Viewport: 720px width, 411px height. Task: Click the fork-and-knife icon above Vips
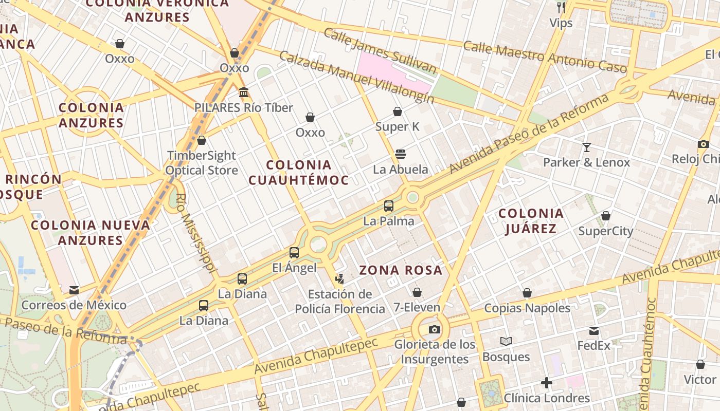(x=561, y=8)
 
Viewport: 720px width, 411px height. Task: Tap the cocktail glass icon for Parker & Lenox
(x=587, y=147)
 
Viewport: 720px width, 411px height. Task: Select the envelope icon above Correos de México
(x=74, y=290)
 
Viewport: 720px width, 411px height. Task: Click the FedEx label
(x=594, y=345)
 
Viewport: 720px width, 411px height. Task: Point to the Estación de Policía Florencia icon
(x=339, y=279)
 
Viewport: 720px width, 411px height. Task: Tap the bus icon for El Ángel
(x=294, y=253)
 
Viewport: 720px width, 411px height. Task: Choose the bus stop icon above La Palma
(x=389, y=206)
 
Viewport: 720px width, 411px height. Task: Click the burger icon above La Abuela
(x=401, y=154)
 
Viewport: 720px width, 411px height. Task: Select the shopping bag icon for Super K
(x=398, y=111)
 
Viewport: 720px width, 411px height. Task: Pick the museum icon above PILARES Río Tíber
(x=244, y=92)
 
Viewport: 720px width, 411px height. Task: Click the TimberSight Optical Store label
(x=202, y=163)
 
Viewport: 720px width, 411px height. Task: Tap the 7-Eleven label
(x=417, y=308)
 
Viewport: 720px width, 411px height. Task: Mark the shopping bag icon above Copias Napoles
(x=527, y=293)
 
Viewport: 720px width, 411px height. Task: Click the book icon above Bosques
(x=506, y=342)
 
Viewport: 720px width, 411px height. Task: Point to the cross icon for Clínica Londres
(x=547, y=383)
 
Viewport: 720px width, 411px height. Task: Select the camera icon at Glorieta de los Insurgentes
(x=435, y=329)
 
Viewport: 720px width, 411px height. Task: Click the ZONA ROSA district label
(x=401, y=270)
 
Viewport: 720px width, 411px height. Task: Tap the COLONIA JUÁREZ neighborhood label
(x=531, y=221)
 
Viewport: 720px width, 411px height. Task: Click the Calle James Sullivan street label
(x=380, y=51)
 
